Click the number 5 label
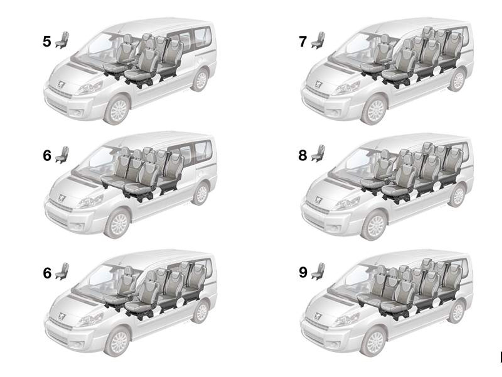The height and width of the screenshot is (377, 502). coord(47,41)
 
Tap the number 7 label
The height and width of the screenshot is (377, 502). coord(303,42)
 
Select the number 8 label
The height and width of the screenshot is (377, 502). coord(303,155)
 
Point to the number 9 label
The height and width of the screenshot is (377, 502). coord(303,272)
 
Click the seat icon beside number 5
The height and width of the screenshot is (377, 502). coord(62,40)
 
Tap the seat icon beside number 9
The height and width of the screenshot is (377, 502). coord(318,271)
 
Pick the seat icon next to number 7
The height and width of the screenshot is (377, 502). coord(318,40)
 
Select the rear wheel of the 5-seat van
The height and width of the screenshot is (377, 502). coord(201,80)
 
